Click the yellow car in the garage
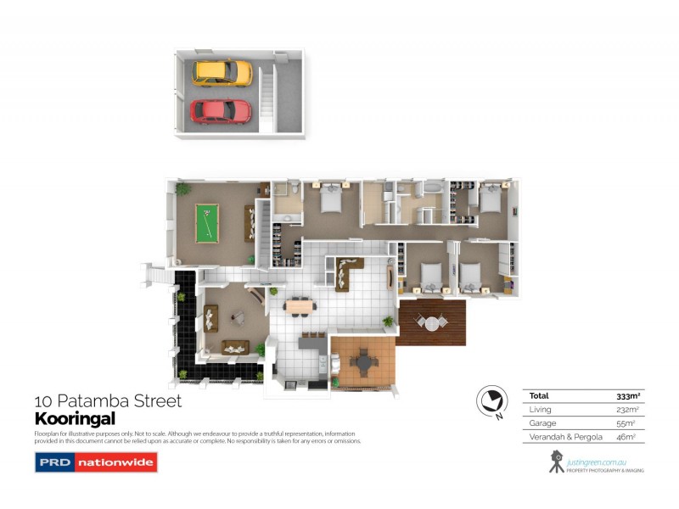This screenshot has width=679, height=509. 222,72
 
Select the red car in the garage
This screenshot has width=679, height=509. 221,110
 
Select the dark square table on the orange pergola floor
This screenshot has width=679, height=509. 365,363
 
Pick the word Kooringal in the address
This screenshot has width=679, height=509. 74,418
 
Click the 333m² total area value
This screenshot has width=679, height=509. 627,396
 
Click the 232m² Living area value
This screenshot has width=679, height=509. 627,410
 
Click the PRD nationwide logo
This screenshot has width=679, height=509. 95,463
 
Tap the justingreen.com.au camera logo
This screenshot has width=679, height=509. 558,461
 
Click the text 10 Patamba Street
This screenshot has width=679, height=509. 108,400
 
